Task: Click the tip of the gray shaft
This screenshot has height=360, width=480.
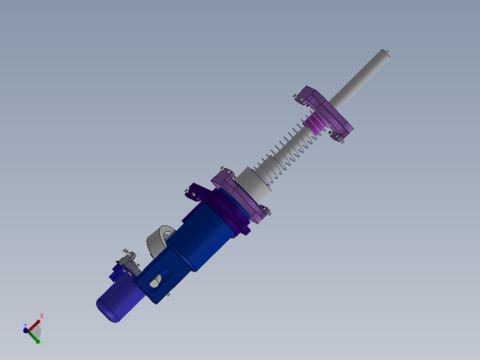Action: tap(388, 54)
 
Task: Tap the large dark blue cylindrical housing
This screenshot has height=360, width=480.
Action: tap(212, 236)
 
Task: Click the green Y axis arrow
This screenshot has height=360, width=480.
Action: tap(35, 337)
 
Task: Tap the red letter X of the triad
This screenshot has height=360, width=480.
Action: tap(42, 317)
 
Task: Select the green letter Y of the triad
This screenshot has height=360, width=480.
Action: tap(39, 342)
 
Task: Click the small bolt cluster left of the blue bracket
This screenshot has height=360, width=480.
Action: tap(125, 262)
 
